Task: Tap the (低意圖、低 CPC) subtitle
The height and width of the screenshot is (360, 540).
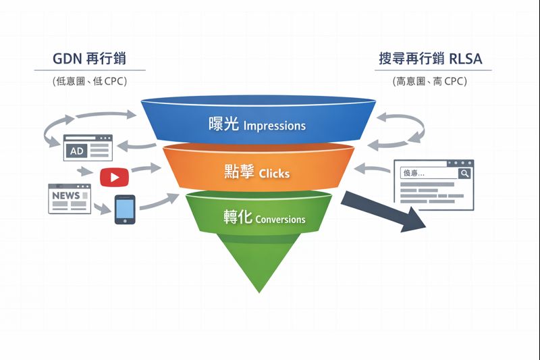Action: (89, 81)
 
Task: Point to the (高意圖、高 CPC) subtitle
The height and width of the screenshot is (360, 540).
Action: (430, 81)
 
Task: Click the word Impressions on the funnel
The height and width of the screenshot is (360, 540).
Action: (274, 126)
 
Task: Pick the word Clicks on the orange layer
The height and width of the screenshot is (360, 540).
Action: (274, 174)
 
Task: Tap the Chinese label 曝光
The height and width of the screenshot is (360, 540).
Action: (224, 125)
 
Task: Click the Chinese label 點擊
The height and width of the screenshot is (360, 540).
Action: (239, 172)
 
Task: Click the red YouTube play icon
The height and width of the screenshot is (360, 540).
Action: (114, 177)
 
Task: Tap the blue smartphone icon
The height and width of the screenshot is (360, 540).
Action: (125, 209)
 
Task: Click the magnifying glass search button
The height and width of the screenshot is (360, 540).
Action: (464, 174)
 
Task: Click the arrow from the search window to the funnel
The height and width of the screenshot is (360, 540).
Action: (373, 168)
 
